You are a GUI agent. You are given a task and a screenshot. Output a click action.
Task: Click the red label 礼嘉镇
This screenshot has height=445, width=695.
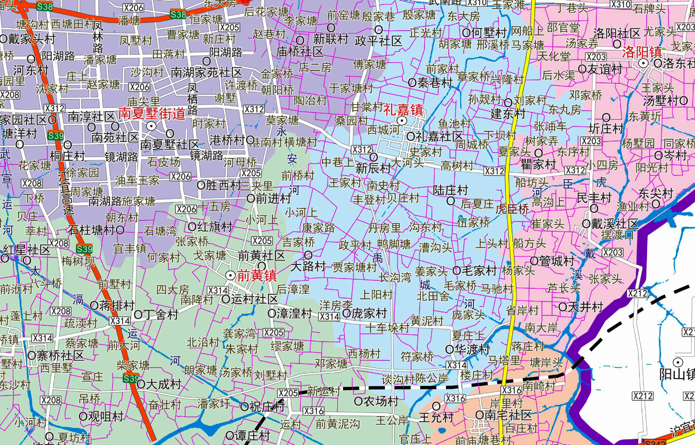click(x=403, y=109)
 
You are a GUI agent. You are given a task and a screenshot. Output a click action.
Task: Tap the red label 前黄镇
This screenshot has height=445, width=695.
click(x=257, y=275)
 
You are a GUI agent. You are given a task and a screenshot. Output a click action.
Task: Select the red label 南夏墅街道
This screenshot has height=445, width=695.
click(x=152, y=114)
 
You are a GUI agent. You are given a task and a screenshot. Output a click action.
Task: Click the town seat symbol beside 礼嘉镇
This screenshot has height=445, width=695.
click(x=402, y=120)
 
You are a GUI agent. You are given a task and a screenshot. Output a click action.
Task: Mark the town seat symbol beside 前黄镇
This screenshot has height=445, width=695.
click(x=230, y=275)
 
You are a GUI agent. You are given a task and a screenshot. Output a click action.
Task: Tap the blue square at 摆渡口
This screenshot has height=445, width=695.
click(x=629, y=235)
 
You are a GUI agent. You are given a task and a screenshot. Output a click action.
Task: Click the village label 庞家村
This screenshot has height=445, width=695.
click(x=369, y=314)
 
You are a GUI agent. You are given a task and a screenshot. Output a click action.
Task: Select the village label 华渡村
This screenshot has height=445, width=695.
click(x=473, y=349)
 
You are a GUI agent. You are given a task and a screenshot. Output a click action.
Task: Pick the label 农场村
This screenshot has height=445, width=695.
click(x=380, y=401)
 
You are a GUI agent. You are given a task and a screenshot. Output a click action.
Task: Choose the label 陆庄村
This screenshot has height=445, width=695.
click(x=451, y=190)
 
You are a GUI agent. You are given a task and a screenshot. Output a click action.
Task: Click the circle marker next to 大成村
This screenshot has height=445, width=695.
click(x=141, y=384)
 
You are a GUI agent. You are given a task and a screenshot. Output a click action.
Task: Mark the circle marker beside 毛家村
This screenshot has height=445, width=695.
click(x=456, y=271)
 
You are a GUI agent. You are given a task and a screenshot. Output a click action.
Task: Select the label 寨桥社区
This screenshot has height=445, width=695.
click(x=61, y=356)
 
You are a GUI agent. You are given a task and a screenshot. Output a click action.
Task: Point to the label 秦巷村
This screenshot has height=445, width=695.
click(x=435, y=83)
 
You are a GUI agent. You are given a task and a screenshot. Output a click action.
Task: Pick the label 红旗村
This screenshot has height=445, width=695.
click(x=215, y=227)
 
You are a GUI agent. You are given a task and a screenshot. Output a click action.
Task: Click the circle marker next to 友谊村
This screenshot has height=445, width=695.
click(x=582, y=69)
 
